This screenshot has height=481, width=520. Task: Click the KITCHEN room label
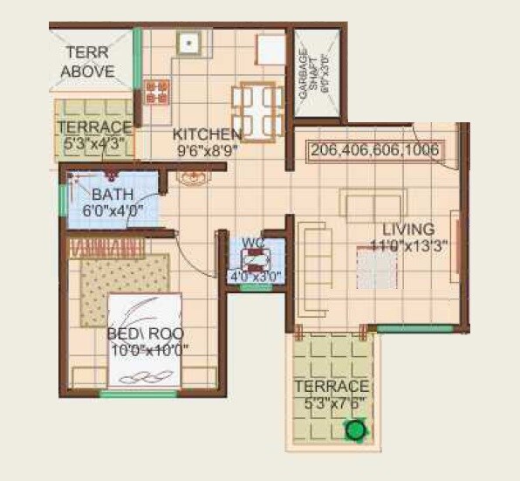207,134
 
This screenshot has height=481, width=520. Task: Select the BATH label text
113,194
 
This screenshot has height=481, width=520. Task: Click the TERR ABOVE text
89,62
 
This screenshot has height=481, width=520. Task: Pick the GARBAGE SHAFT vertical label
304,74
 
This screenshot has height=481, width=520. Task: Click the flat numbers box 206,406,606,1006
375,151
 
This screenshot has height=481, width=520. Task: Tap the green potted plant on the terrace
354,429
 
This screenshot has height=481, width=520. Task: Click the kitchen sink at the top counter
188,42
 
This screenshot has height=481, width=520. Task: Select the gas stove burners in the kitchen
157,90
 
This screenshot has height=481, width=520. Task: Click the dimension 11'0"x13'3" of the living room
408,245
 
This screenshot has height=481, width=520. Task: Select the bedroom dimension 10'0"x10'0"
149,350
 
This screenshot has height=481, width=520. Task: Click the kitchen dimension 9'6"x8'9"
206,149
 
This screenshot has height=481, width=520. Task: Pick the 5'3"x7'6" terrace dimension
332,402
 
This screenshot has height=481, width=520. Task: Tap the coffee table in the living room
377,269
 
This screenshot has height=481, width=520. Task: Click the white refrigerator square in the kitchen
271,49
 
